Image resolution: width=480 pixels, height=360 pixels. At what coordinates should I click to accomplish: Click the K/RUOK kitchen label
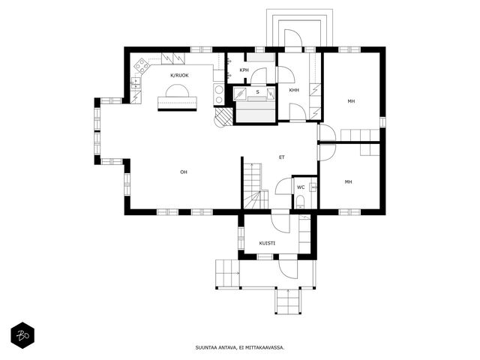click(179, 75)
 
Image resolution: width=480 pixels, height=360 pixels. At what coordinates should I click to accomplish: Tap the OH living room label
click(183, 172)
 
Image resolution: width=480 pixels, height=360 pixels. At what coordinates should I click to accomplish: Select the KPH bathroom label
click(244, 70)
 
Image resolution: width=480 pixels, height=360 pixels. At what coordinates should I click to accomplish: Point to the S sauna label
click(257, 91)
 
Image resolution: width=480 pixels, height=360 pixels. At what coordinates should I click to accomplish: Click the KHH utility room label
click(294, 90)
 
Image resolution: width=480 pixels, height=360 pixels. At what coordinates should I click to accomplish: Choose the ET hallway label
click(282, 157)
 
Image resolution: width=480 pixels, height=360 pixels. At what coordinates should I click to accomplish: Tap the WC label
click(301, 187)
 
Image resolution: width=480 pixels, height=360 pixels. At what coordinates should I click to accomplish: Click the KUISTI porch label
click(267, 243)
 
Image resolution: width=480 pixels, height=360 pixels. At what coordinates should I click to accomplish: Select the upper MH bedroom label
click(351, 101)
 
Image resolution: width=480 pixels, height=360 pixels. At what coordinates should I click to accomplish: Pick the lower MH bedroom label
click(348, 181)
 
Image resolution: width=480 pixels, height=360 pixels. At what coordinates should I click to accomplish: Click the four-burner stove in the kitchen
click(142, 65)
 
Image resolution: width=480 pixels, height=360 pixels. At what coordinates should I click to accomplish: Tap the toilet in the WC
click(300, 202)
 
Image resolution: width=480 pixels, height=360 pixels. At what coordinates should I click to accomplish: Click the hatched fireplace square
click(223, 117)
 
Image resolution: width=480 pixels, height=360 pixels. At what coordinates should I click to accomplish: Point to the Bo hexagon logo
click(22, 335)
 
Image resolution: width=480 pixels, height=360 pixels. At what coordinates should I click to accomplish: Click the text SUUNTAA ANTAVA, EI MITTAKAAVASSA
click(240, 347)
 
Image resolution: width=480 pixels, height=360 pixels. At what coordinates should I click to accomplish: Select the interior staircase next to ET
click(256, 186)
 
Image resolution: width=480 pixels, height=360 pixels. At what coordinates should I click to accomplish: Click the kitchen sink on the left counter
click(135, 83)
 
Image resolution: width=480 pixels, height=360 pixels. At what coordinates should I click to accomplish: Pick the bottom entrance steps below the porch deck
click(288, 301)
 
